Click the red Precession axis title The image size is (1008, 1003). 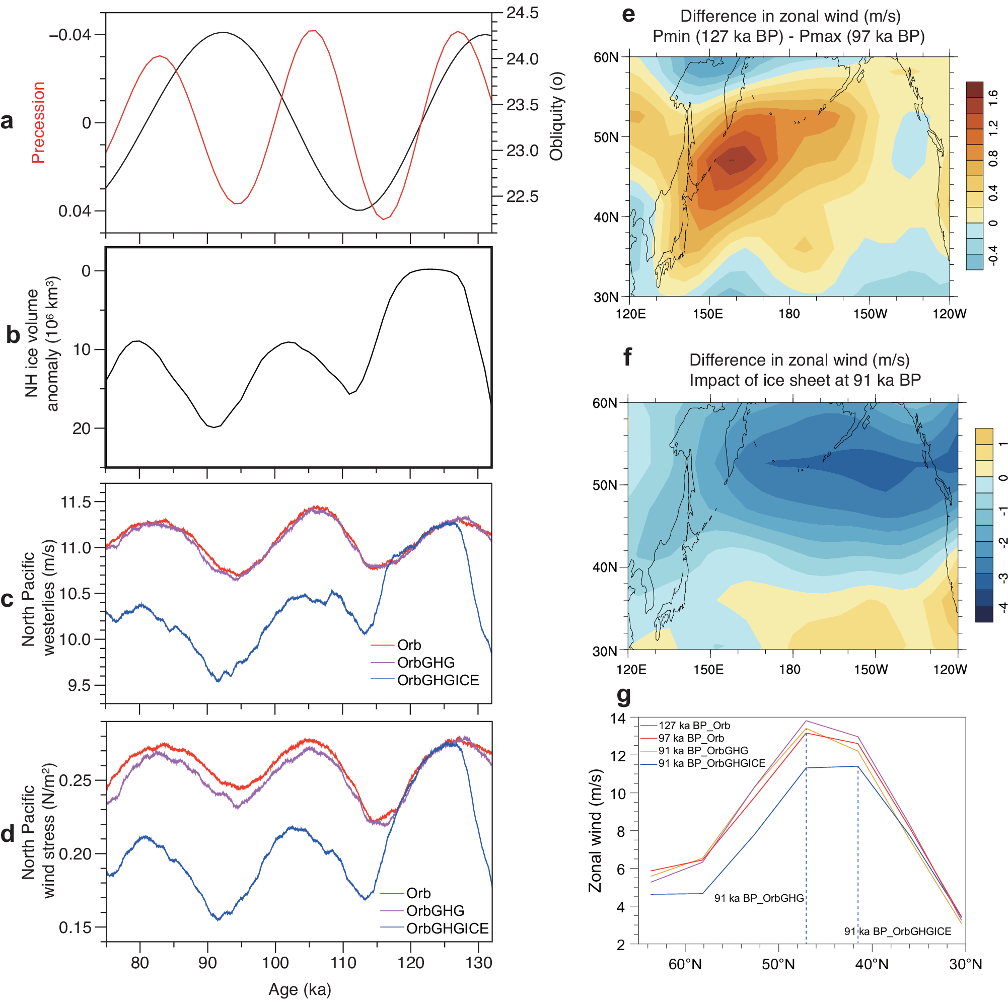(38, 123)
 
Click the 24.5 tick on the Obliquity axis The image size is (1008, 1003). (522, 13)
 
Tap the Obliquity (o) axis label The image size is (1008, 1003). (557, 116)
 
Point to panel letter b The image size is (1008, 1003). (13, 334)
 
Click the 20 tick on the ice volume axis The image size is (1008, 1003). (82, 428)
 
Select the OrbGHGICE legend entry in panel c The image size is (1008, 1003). (438, 680)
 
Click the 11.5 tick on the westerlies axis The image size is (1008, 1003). (76, 503)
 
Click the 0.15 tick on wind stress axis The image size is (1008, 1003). (75, 928)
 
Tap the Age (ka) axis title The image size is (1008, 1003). (300, 989)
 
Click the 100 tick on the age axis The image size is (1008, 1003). (275, 963)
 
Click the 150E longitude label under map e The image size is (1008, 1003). (708, 314)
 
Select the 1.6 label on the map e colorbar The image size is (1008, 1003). (993, 97)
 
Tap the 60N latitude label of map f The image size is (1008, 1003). (605, 403)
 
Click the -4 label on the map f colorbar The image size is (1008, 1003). (1003, 606)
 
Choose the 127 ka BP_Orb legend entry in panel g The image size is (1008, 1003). (694, 726)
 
